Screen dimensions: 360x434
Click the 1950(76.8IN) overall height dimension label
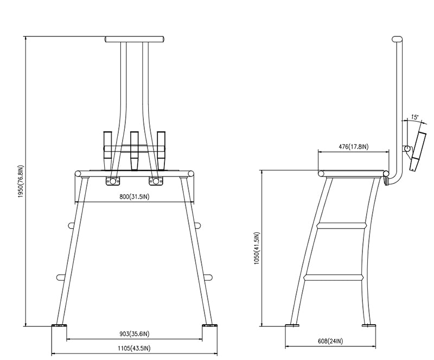(x=21, y=181)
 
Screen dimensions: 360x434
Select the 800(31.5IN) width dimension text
(x=135, y=197)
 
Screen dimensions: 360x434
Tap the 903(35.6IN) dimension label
(x=135, y=334)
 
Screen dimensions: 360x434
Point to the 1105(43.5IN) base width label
(x=134, y=348)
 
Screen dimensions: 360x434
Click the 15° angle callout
(x=414, y=116)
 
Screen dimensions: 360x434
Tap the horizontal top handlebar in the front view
(x=135, y=40)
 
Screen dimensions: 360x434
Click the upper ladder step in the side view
(x=342, y=225)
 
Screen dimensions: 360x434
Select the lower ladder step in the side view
(x=333, y=277)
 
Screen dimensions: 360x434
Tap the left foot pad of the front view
(x=59, y=327)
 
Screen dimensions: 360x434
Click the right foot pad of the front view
(x=210, y=327)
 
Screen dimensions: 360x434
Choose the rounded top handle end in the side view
(x=398, y=40)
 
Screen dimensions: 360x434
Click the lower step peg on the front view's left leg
(x=61, y=277)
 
